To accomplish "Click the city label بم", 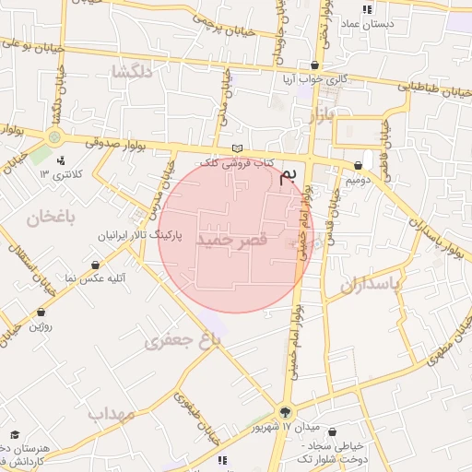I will [x=289, y=176].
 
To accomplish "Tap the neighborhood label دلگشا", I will [x=131, y=71].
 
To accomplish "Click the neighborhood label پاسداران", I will [x=371, y=285].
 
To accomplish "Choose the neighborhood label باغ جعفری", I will [x=183, y=341].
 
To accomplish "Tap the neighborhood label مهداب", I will [x=111, y=413].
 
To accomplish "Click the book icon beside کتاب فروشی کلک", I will [x=238, y=149].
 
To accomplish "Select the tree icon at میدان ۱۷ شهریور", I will [x=285, y=412].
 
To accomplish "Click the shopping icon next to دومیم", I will [x=358, y=166].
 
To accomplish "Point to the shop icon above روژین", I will [x=41, y=313].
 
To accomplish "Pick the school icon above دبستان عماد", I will [x=367, y=9].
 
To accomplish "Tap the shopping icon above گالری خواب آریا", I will [x=316, y=65].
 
